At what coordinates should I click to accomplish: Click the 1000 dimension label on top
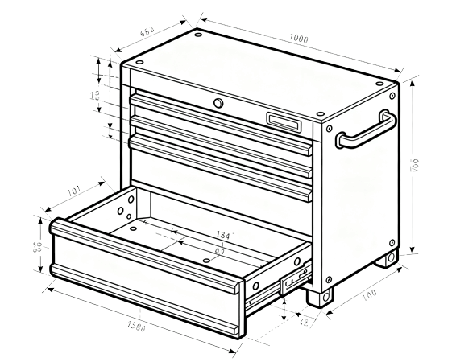[299, 39]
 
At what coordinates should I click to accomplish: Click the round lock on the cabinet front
[218, 103]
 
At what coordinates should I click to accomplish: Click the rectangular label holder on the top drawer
[285, 121]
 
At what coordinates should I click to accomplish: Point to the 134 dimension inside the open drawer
[223, 235]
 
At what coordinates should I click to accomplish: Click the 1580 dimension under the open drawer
[136, 327]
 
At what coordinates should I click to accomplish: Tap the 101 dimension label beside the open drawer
[74, 191]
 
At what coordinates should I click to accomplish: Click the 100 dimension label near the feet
[369, 295]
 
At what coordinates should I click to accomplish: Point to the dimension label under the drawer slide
[304, 323]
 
